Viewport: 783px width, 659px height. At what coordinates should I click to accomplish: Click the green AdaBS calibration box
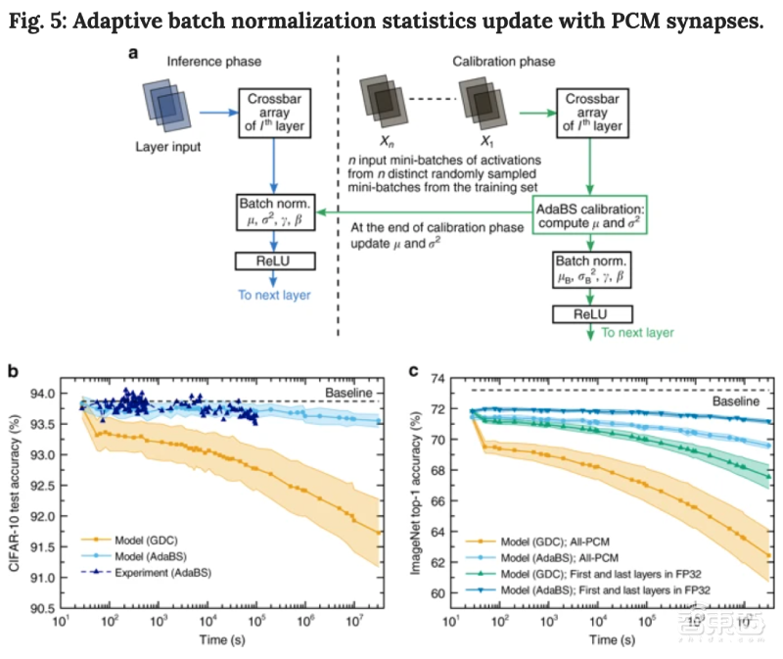pos(589,216)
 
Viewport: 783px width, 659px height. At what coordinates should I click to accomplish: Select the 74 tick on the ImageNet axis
pos(429,377)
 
